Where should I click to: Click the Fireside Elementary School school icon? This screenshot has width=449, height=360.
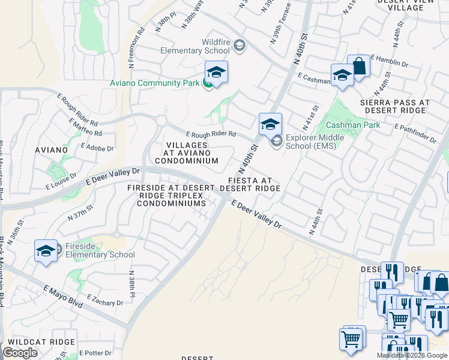[x=46, y=250]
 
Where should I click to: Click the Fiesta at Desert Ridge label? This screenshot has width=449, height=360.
[x=250, y=184]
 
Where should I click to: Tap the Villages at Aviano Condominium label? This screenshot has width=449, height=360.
[x=187, y=153]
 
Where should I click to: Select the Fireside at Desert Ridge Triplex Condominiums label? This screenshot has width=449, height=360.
[x=171, y=196]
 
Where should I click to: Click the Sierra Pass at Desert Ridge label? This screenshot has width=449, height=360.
[x=394, y=107]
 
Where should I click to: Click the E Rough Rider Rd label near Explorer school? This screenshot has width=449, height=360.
[x=211, y=134]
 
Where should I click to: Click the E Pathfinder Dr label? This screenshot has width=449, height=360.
[x=415, y=134]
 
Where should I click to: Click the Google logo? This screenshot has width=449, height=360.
[x=20, y=353]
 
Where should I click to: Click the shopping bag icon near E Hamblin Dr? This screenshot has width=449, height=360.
[x=358, y=66]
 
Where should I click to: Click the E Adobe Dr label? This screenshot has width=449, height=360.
[x=95, y=147]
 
